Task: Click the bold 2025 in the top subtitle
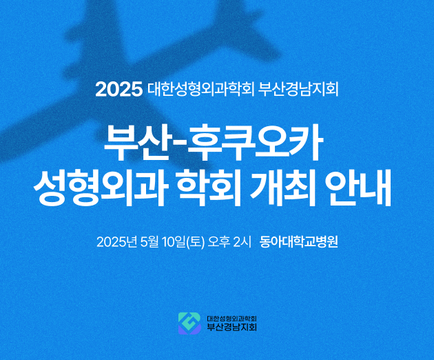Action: coord(118,89)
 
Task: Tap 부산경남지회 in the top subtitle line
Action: coord(298,89)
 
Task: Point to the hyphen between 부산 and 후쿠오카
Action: coord(178,145)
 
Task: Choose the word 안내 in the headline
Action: coord(360,188)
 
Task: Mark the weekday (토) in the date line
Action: coord(196,242)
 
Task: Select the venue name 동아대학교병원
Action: coord(299,242)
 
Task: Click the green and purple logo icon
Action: coord(189,323)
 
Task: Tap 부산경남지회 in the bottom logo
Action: coord(232,327)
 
